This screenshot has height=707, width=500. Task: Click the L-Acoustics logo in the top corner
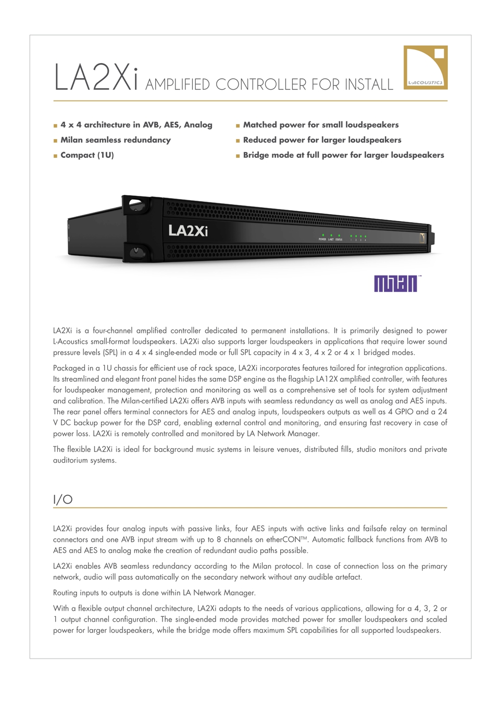(x=425, y=67)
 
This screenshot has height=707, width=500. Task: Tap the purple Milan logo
(x=396, y=283)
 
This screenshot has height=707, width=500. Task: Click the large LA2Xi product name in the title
(x=96, y=78)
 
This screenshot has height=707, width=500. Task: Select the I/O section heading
(x=63, y=499)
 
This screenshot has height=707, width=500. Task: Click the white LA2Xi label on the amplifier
(x=187, y=230)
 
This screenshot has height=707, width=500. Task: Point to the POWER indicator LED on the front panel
(x=323, y=235)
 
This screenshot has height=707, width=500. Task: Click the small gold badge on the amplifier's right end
(x=422, y=238)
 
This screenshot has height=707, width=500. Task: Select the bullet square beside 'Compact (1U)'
(x=55, y=156)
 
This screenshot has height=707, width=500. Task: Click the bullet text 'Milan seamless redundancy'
(x=116, y=140)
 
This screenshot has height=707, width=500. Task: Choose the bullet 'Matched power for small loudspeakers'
(x=321, y=125)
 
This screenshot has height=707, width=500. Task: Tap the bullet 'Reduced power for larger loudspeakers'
(x=322, y=140)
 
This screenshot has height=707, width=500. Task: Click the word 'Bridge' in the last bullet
(x=256, y=155)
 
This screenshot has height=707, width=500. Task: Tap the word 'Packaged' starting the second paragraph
(x=69, y=368)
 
